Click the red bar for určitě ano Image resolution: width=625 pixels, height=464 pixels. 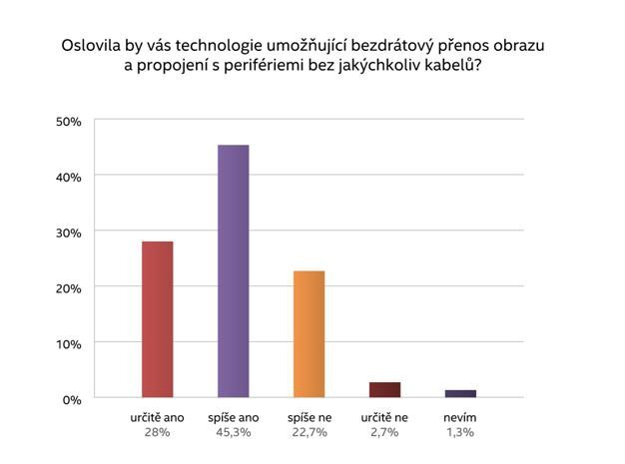pos(157,319)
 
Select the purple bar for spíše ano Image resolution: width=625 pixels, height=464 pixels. pos(233,271)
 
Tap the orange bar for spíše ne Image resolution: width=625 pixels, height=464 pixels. pos(309,334)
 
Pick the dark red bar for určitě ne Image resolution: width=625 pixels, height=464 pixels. pos(384,390)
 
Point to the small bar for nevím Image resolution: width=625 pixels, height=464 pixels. pos(460,393)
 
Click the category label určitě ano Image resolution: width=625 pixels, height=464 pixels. pos(157,417)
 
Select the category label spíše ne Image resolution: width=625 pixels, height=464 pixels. pos(310,417)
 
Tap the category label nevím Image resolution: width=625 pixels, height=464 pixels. pos(460,417)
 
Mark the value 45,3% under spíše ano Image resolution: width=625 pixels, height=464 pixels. pos(233,432)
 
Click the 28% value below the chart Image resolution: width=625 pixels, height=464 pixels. pos(157,432)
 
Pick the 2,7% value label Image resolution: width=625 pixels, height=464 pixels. pos(384,432)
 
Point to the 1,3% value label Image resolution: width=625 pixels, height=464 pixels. pos(460,432)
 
